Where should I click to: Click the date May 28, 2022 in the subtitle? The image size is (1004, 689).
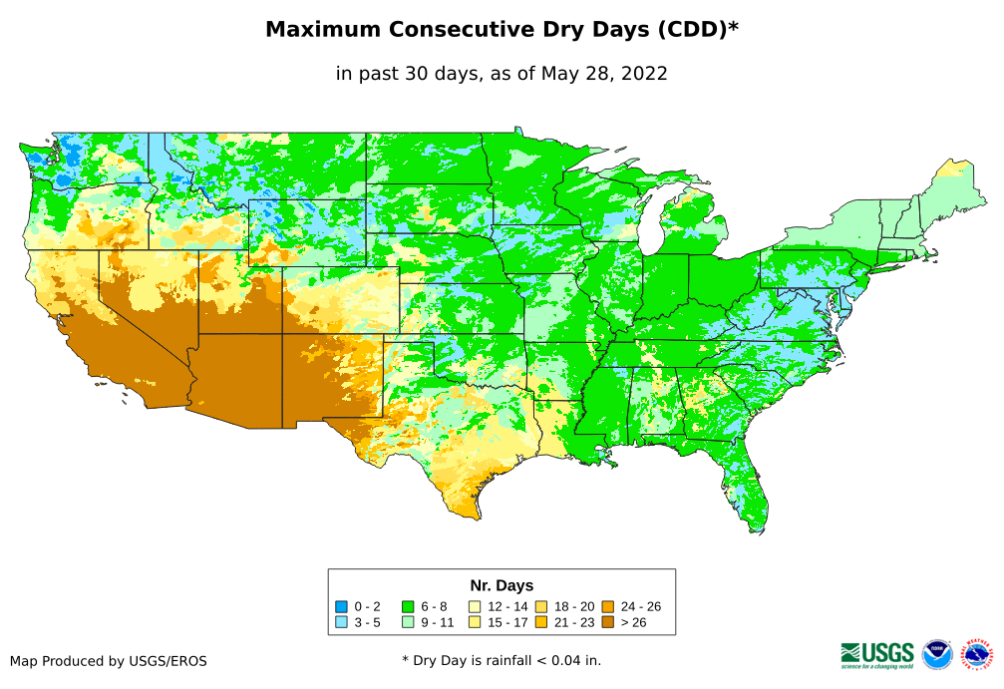click(604, 73)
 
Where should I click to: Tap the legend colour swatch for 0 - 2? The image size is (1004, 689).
click(341, 606)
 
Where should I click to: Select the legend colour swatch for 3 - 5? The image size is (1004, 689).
click(341, 622)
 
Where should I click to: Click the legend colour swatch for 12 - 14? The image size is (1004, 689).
click(475, 606)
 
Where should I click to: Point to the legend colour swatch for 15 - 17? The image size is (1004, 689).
click(475, 622)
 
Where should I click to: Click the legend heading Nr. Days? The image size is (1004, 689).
click(502, 585)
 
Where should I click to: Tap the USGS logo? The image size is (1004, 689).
click(877, 654)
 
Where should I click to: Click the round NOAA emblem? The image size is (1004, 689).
click(937, 654)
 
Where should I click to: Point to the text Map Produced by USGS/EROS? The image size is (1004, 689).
click(109, 660)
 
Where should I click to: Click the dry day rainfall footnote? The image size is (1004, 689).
click(502, 660)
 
